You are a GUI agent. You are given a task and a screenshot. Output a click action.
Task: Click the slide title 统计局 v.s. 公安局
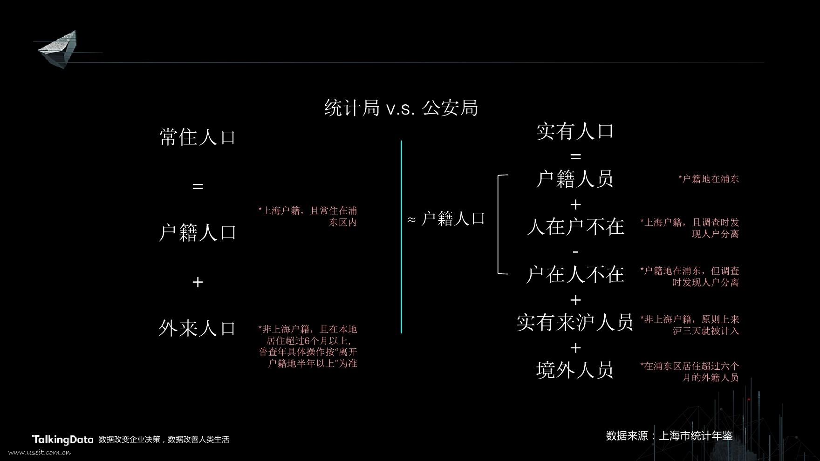click(x=401, y=108)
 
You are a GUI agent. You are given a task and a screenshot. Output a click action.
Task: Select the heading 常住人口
click(x=198, y=137)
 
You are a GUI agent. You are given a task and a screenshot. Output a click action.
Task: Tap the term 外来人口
click(x=198, y=329)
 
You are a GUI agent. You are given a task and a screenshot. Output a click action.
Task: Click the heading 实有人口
click(x=575, y=131)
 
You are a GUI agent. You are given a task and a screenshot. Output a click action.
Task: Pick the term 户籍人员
click(x=575, y=179)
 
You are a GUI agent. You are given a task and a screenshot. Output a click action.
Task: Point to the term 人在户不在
click(x=575, y=227)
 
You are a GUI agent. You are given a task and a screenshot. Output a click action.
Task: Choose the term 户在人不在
click(x=575, y=275)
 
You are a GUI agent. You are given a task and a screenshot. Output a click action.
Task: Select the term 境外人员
click(x=575, y=371)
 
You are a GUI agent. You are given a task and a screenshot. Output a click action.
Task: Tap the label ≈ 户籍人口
click(x=446, y=219)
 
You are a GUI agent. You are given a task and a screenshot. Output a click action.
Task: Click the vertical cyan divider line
click(x=401, y=237)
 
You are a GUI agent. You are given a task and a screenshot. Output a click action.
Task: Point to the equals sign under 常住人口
click(x=198, y=186)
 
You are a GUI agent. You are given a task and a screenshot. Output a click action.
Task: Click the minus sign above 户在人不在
click(x=575, y=252)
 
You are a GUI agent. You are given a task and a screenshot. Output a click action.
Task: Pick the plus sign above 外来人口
click(x=198, y=282)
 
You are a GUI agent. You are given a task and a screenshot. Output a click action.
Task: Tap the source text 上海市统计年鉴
click(x=696, y=436)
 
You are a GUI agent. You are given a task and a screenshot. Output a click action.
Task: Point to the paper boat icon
click(x=58, y=49)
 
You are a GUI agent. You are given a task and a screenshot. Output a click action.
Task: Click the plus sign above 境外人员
click(x=575, y=348)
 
